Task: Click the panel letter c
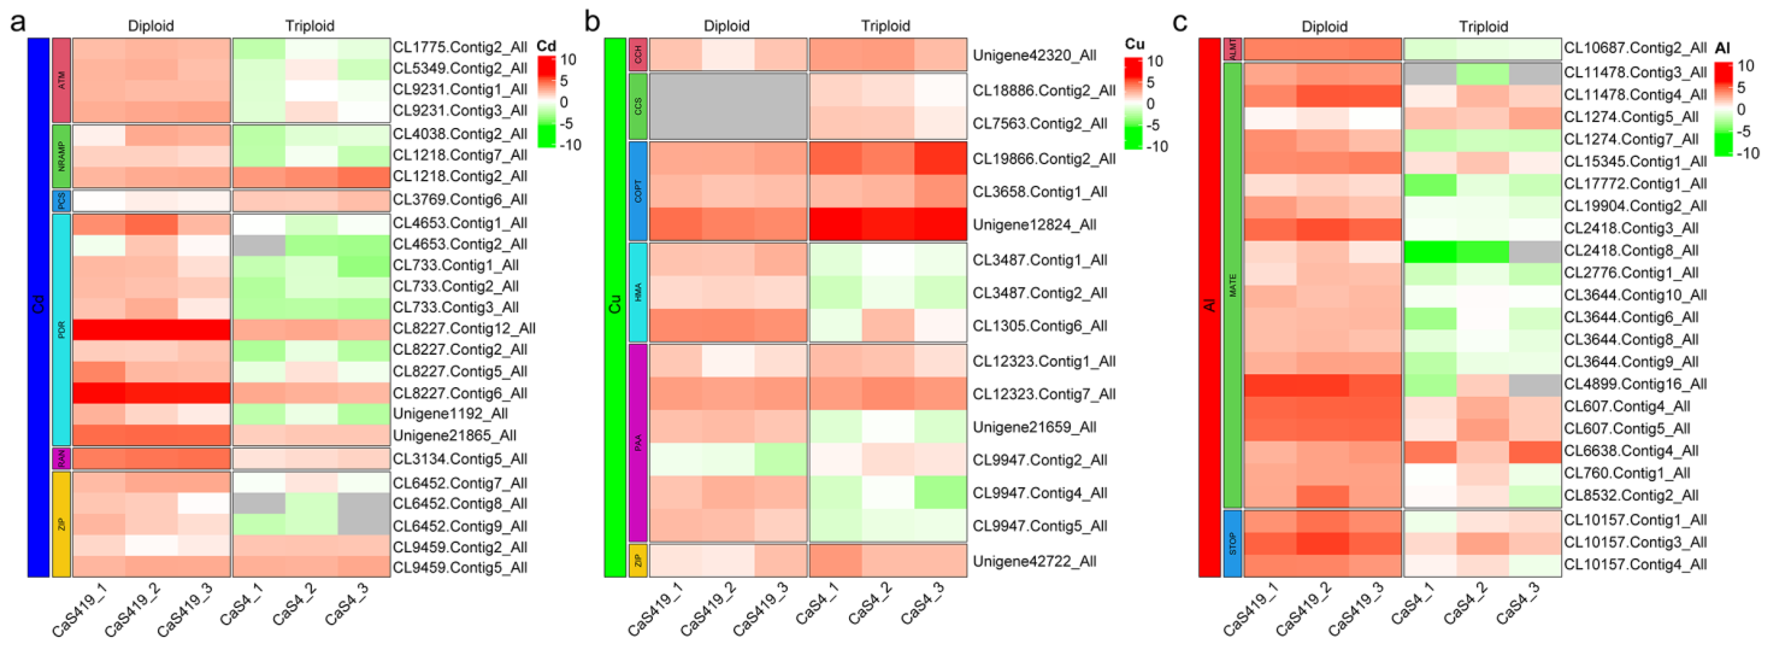click(x=1180, y=23)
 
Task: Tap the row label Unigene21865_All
click(x=454, y=435)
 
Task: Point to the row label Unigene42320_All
click(x=1034, y=55)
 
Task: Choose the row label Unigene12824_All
click(x=1034, y=225)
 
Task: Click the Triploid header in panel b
click(x=885, y=26)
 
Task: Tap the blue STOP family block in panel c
click(x=1233, y=543)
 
